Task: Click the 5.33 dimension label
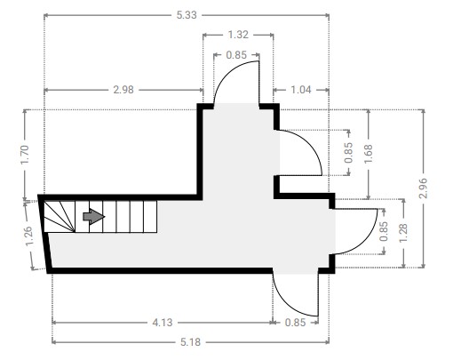pos(187,15)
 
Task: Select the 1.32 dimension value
pos(238,35)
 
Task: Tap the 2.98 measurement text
pos(123,90)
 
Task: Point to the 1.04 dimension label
pos(301,90)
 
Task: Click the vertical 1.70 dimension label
pos(25,155)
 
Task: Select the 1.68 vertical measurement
pos(368,154)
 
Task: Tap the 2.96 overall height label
pos(423,188)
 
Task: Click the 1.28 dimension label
pos(403,233)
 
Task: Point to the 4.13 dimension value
pos(163,323)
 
